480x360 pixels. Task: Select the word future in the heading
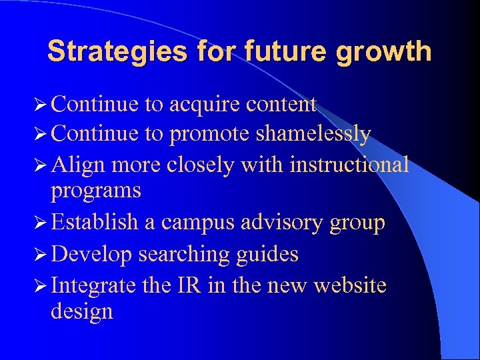pyautogui.click(x=272, y=51)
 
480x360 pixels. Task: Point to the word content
pyautogui.click(x=281, y=105)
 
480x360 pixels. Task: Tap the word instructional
pyautogui.click(x=349, y=164)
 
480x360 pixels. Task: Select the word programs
pyautogui.click(x=96, y=191)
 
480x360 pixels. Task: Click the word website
pyautogui.click(x=350, y=285)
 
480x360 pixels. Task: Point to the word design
pyautogui.click(x=81, y=312)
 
